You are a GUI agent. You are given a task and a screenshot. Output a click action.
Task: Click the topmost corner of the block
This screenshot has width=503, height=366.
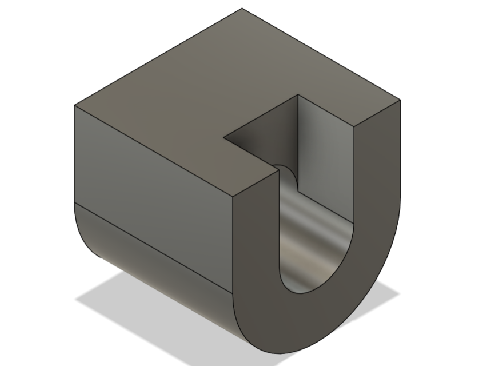pyautogui.click(x=242, y=8)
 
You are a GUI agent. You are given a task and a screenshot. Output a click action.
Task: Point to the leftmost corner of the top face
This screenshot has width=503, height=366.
pyautogui.click(x=75, y=105)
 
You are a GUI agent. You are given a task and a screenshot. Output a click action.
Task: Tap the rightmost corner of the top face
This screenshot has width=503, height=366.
pyautogui.click(x=400, y=100)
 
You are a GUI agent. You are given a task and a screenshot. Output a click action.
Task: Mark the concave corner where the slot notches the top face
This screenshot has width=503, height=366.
pyautogui.click(x=223, y=137)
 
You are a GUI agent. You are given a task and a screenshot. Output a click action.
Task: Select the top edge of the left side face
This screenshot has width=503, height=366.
pyautogui.click(x=154, y=152)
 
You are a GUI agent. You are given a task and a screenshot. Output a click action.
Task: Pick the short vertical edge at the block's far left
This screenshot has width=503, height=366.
pyautogui.click(x=75, y=154)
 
